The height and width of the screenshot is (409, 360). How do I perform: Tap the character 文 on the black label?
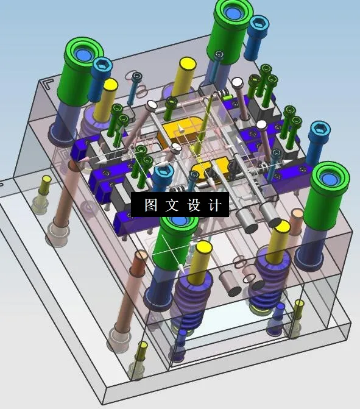coord(172,205)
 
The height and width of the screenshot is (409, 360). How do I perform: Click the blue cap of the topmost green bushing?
coord(234,9)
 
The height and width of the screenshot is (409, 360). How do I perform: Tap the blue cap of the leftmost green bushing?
coord(84,54)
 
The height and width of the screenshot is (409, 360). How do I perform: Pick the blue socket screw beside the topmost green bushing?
coord(258,26)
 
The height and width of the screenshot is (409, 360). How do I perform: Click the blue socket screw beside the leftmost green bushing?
coord(102,65)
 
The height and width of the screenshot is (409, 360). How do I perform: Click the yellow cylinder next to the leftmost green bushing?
coord(109,91)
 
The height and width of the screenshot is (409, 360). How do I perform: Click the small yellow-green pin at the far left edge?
coord(44,183)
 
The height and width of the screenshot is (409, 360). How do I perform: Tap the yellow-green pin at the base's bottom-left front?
coord(141,352)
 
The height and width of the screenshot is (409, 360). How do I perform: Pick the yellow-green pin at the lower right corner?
coord(298,308)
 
